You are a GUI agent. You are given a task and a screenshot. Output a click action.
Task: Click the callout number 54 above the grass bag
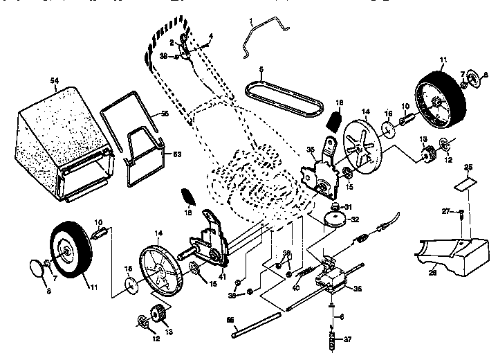54,82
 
